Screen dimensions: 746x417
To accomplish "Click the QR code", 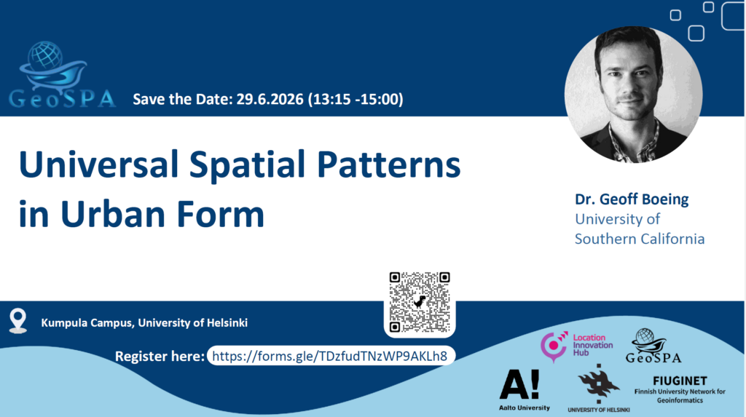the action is click(x=419, y=303).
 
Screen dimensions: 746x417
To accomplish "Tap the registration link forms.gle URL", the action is click(x=330, y=356).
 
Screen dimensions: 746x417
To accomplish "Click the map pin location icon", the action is click(x=18, y=321).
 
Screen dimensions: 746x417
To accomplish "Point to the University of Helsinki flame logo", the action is click(x=599, y=384).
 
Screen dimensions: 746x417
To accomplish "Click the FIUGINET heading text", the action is click(x=680, y=381).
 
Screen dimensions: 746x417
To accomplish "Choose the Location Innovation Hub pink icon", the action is click(x=554, y=346).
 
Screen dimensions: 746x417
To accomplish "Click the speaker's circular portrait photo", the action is click(x=633, y=95).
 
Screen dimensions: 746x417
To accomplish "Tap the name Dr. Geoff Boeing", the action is click(x=632, y=199).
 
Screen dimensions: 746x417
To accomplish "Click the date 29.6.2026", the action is click(x=270, y=99).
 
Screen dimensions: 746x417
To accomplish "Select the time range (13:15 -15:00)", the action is click(x=356, y=99).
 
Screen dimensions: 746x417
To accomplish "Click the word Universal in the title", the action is click(x=98, y=164).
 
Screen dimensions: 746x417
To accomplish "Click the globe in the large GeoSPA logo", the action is click(x=44, y=55).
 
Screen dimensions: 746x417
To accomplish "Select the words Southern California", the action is click(x=640, y=239).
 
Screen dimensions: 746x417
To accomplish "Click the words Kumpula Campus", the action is click(x=86, y=323).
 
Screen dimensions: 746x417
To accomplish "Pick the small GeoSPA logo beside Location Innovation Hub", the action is click(x=653, y=346).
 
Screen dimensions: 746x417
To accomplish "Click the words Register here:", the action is click(x=160, y=357).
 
